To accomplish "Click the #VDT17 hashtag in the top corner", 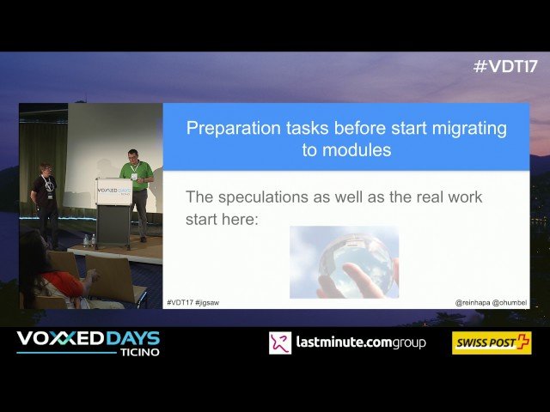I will (x=504, y=67).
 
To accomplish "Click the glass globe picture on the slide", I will (x=344, y=262).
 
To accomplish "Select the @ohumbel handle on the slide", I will (x=510, y=302).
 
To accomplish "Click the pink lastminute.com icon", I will (x=280, y=343).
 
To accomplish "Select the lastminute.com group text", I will (x=360, y=343).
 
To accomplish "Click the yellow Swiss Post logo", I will (x=492, y=343).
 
